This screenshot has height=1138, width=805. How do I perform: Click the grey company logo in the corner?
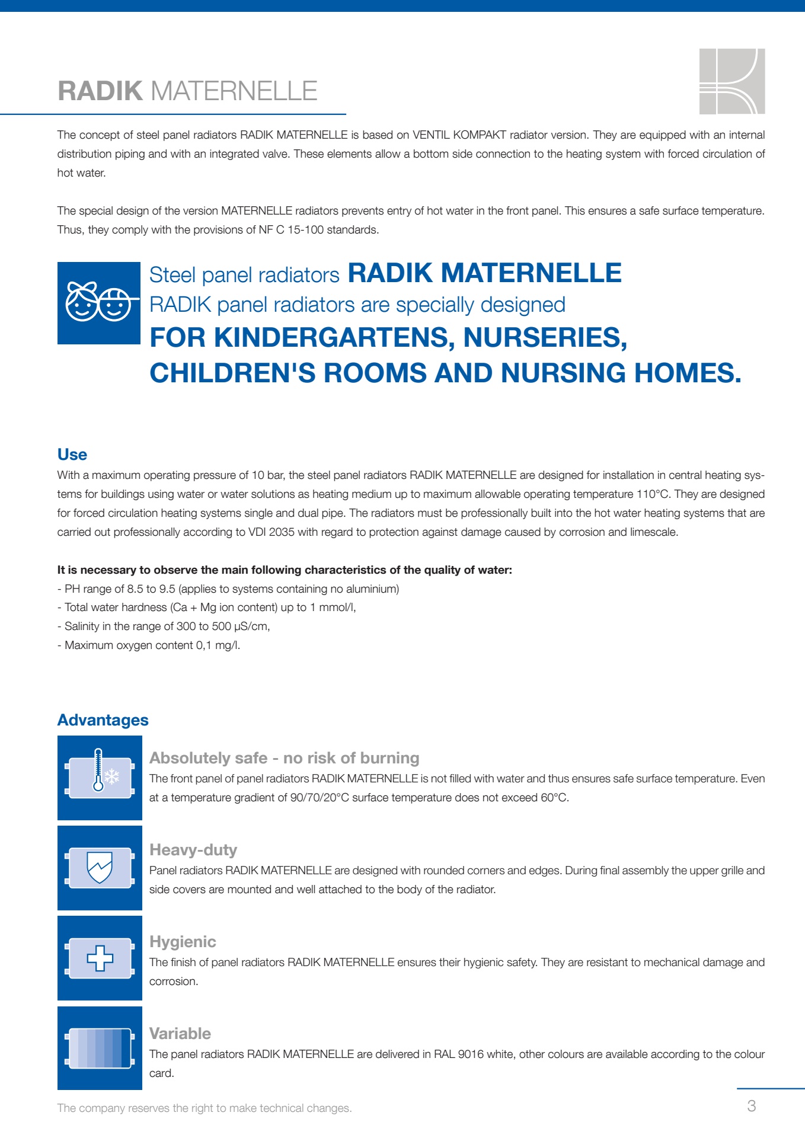[x=731, y=81]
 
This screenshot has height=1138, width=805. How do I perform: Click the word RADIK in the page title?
[x=100, y=91]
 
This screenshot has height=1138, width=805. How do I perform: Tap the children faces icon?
[x=99, y=303]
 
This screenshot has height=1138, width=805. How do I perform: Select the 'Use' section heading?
[x=72, y=455]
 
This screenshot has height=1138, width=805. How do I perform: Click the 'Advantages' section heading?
[x=103, y=720]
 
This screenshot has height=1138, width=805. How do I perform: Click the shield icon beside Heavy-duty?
[x=100, y=868]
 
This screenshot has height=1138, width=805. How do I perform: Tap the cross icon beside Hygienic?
[x=100, y=958]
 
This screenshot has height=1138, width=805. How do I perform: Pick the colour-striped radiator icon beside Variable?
[x=100, y=1048]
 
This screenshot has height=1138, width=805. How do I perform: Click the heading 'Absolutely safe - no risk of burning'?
[x=284, y=758]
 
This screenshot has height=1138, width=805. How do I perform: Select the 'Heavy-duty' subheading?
[x=193, y=850]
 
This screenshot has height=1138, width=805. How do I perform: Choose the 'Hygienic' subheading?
[x=183, y=942]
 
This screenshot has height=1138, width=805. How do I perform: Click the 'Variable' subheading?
[x=180, y=1034]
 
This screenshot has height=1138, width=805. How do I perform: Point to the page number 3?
[x=752, y=1106]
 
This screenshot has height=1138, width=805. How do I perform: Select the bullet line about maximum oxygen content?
[x=149, y=645]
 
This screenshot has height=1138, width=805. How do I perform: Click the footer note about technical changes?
[x=205, y=1108]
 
